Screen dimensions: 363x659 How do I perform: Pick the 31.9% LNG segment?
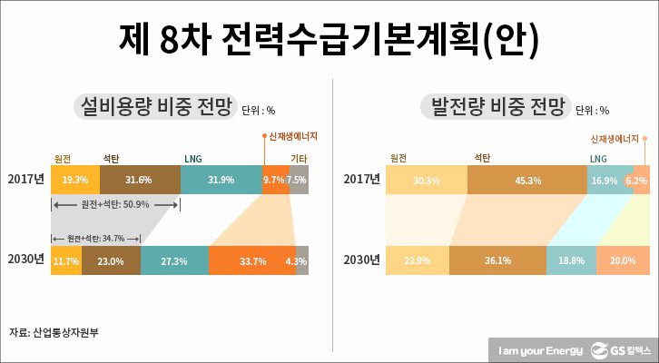pos(221,180)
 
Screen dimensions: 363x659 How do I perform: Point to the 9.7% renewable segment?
pos(274,180)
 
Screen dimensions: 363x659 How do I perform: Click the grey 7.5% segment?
pos(297,180)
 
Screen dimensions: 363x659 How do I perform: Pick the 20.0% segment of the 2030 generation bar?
pos(622,260)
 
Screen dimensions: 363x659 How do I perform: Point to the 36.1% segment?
pos(497,260)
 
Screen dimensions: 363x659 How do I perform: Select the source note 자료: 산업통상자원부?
pos(54,330)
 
